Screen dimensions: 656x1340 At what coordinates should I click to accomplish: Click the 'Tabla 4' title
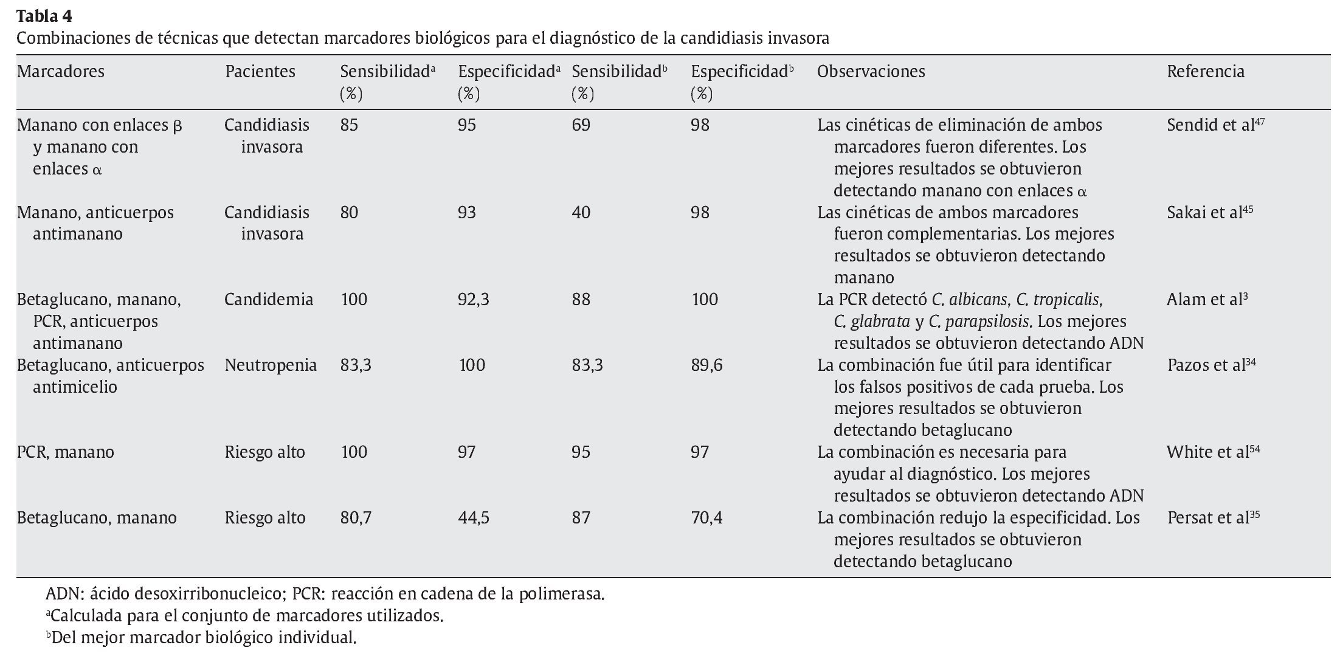click(44, 15)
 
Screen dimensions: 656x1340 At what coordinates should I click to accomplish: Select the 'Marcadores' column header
click(61, 72)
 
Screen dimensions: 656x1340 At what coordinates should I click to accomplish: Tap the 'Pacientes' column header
click(260, 72)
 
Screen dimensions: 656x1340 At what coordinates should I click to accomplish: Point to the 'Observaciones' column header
click(871, 72)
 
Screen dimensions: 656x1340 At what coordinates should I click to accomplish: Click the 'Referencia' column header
click(1205, 72)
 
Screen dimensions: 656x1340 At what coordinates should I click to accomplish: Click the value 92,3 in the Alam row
click(474, 300)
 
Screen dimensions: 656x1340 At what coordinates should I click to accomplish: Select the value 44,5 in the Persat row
click(474, 518)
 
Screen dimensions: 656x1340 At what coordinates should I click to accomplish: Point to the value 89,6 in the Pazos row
click(706, 365)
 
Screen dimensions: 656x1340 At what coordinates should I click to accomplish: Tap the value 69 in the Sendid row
click(581, 125)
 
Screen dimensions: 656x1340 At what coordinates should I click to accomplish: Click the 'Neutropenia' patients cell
click(271, 365)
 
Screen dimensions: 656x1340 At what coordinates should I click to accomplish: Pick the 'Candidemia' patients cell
click(269, 300)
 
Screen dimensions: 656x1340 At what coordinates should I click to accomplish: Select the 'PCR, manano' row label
click(66, 452)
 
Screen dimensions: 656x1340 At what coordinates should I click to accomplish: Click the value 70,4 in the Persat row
click(706, 518)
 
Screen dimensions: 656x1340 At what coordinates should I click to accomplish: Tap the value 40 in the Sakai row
click(581, 213)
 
